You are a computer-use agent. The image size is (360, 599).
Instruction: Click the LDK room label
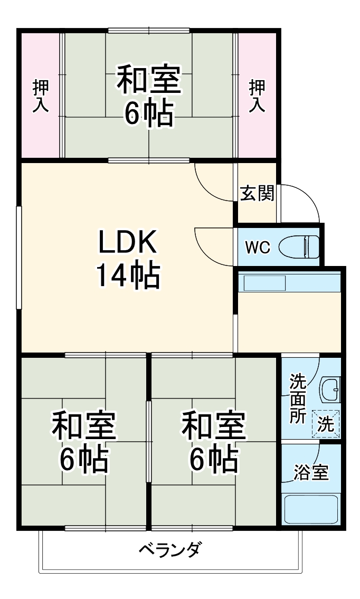pos(127,242)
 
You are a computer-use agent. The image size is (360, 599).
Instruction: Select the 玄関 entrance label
pos(257,194)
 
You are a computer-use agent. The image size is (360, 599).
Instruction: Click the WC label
pos(258,246)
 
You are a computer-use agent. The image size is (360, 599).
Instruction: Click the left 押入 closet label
pos(41,96)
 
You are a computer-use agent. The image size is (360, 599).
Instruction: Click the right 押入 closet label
pos(257,96)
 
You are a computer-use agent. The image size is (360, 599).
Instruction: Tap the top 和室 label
pos(148,79)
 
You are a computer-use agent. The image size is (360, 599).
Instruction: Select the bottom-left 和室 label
pos(83,426)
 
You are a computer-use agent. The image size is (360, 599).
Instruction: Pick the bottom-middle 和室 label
pos(214,426)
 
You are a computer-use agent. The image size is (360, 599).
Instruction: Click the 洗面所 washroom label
pos(298,398)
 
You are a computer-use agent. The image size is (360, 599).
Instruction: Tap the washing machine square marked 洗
pos(326,424)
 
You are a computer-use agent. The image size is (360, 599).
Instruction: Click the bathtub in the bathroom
pos(311,509)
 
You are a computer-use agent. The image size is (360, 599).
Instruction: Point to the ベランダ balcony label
pos(170,550)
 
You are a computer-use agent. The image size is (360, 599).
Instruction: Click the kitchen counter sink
pos(264,283)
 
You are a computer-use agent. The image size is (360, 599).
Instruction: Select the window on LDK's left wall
pos(19,257)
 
